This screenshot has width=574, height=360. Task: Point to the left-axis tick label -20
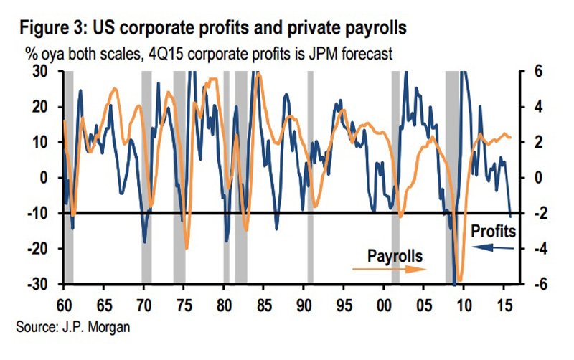(x=44, y=249)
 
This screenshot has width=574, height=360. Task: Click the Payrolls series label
(x=395, y=255)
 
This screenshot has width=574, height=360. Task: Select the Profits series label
(x=495, y=231)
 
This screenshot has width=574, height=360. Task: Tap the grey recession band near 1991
(x=311, y=179)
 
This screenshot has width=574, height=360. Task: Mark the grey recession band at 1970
(x=146, y=179)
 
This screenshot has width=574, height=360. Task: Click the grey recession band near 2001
(x=395, y=179)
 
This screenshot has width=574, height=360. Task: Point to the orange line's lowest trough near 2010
(x=460, y=281)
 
